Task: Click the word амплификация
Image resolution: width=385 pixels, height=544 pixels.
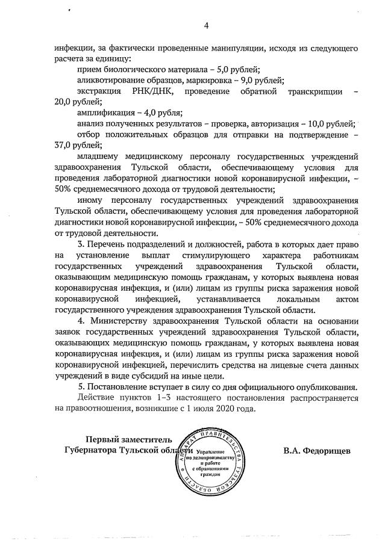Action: (x=105, y=112)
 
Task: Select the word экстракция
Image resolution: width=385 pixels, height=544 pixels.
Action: (x=99, y=91)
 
